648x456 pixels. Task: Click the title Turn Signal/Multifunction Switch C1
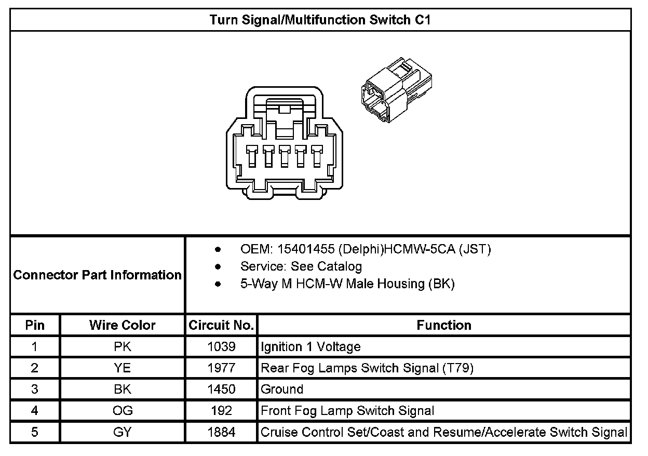(x=320, y=20)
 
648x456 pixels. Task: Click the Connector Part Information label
(x=98, y=275)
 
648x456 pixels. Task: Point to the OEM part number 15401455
(x=306, y=250)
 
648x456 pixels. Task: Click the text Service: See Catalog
(x=301, y=267)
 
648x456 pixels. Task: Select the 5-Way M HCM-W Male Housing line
(x=347, y=284)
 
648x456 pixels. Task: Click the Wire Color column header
(x=123, y=326)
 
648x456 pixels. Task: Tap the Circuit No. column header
(x=221, y=326)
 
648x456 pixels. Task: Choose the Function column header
(x=444, y=326)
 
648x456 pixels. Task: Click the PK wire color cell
(x=123, y=347)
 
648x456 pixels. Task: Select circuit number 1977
(x=221, y=368)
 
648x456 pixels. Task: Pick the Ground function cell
(x=282, y=390)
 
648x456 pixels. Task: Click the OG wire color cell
(x=123, y=411)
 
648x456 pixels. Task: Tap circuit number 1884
(x=221, y=432)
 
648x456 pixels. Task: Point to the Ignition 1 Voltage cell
(x=310, y=347)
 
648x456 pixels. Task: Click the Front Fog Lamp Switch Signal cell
(x=347, y=411)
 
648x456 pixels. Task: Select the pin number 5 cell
(x=35, y=432)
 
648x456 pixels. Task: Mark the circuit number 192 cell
(x=221, y=411)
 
